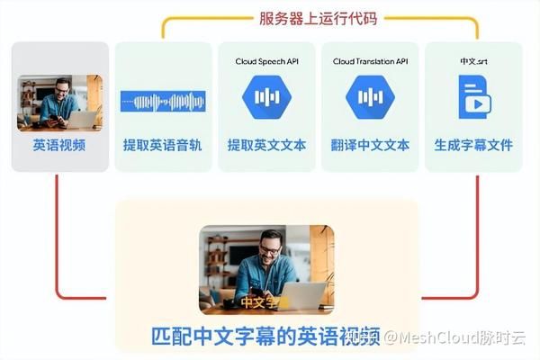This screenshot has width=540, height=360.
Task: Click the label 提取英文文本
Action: pyautogui.click(x=266, y=144)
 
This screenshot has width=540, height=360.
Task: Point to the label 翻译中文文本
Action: pyautogui.click(x=370, y=144)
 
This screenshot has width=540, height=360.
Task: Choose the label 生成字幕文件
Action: pyautogui.click(x=472, y=144)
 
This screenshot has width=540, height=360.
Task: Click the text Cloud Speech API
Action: pyautogui.click(x=266, y=61)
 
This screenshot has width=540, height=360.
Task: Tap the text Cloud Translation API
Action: pyautogui.click(x=370, y=61)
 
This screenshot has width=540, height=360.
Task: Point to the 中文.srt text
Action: pyautogui.click(x=472, y=61)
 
